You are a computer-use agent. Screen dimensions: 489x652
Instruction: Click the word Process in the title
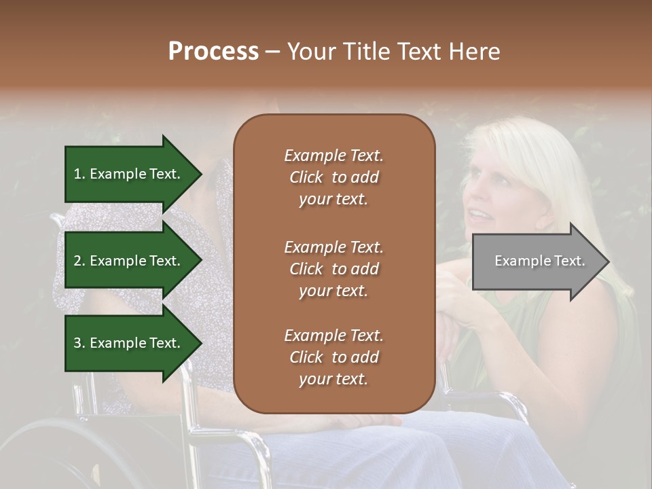213,52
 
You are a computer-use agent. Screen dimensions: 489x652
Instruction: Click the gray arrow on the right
537,261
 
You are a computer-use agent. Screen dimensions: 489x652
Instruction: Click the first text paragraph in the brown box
333,177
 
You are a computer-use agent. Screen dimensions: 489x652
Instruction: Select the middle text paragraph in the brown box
333,269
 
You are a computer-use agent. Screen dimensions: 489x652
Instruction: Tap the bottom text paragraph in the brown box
333,357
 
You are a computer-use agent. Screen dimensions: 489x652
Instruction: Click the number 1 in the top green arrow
77,174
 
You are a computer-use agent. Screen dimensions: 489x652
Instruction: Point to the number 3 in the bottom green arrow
77,343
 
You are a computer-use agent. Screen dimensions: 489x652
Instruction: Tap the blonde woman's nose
469,198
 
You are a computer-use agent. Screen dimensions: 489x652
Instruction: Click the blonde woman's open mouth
479,215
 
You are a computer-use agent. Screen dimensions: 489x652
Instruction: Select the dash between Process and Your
272,52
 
